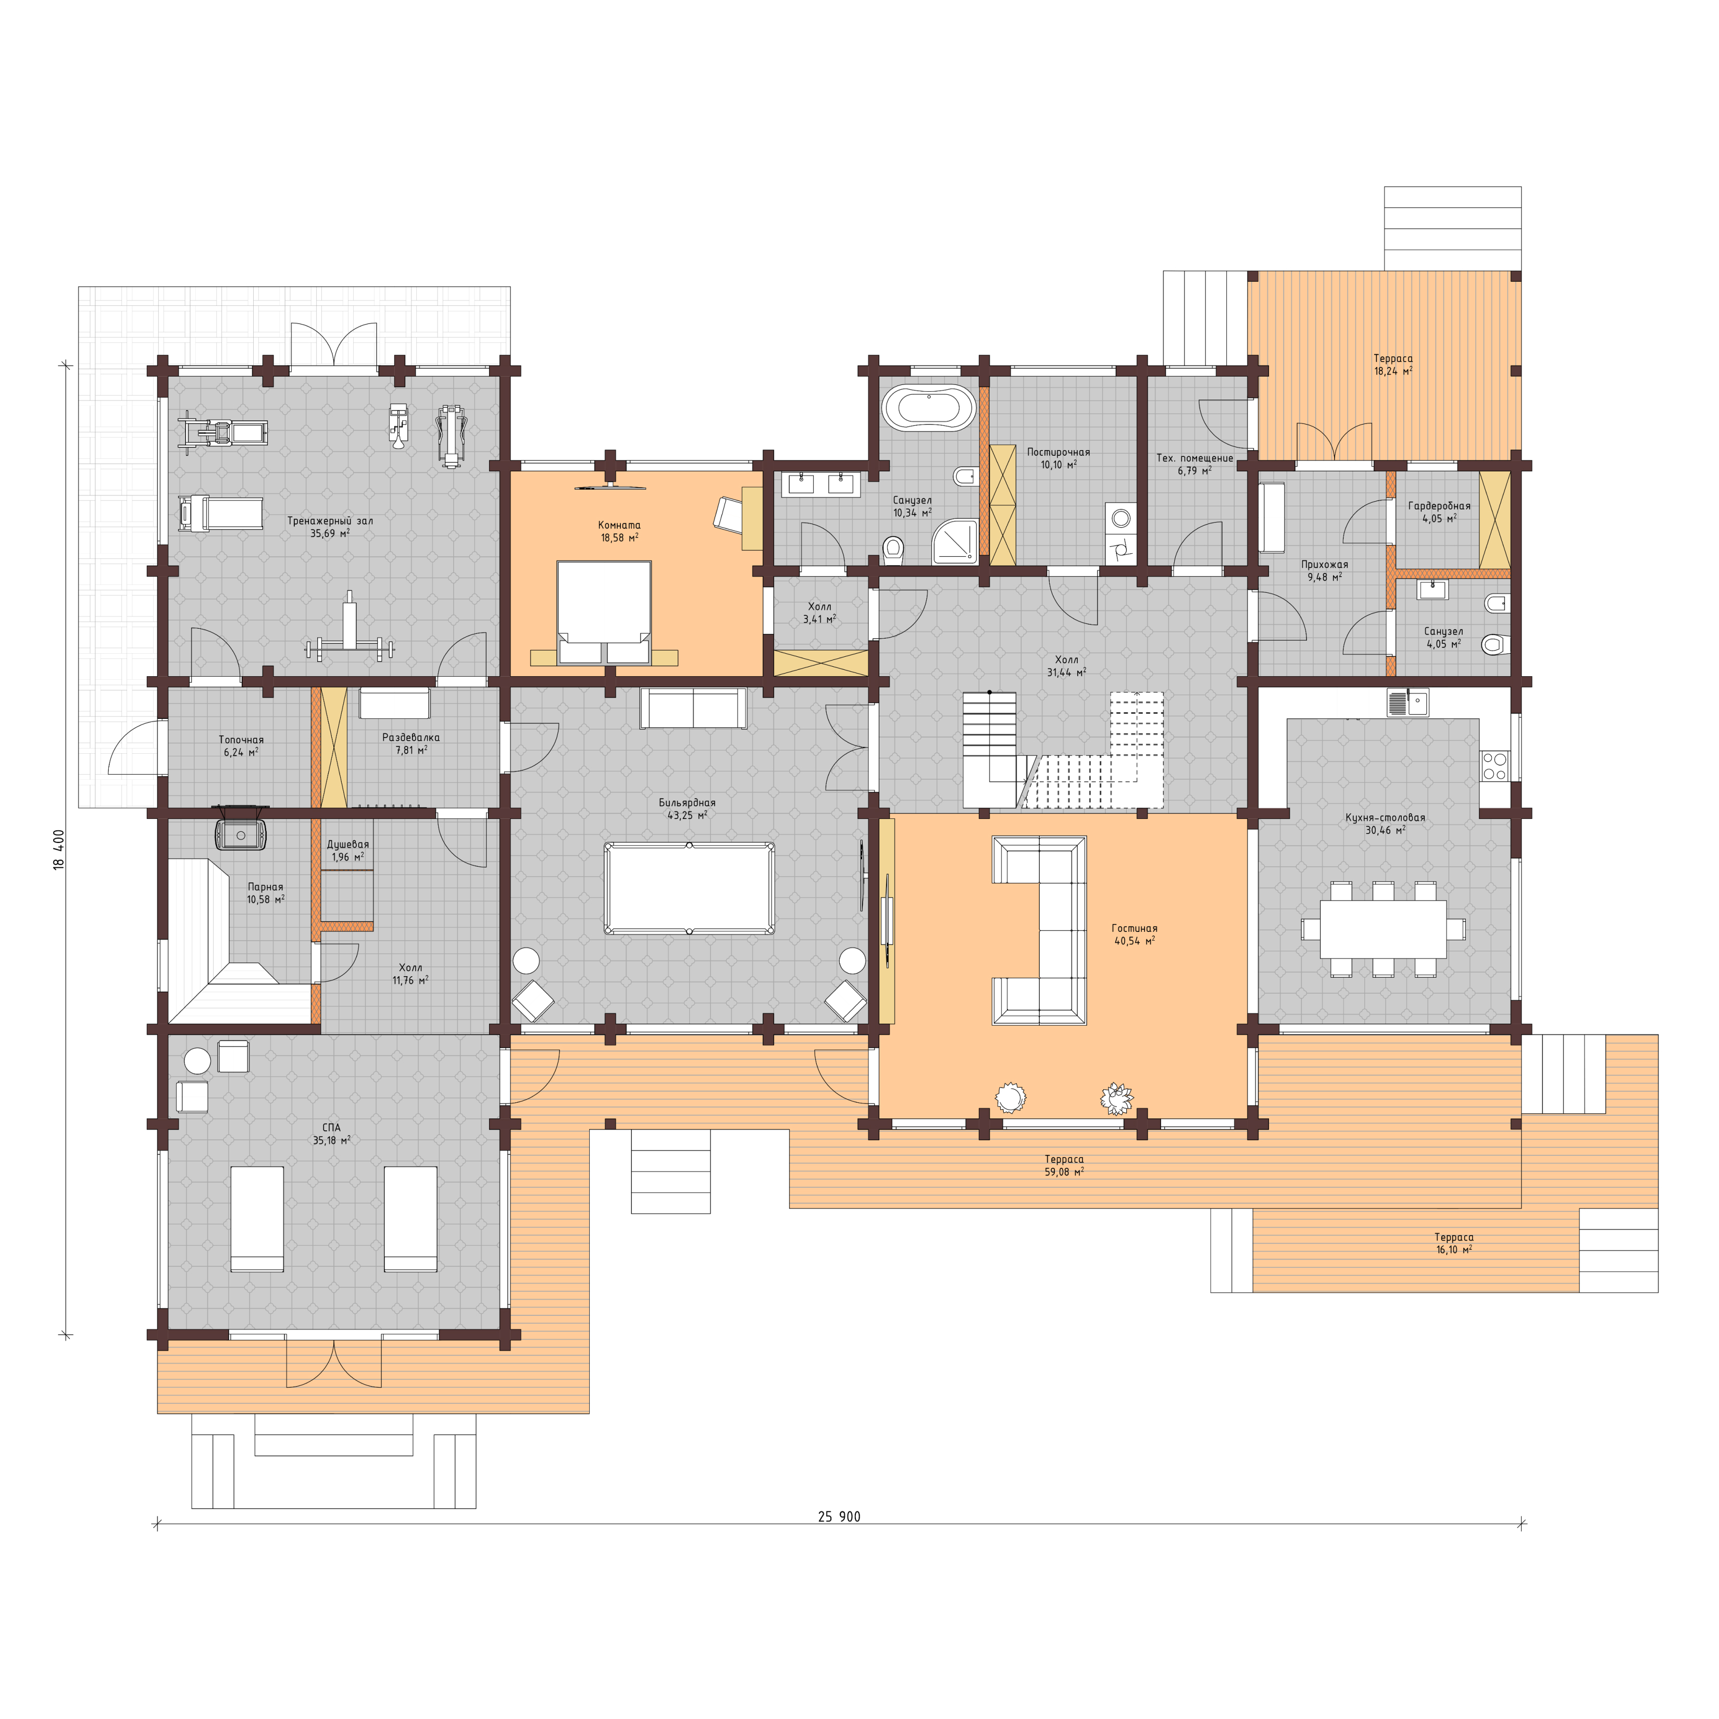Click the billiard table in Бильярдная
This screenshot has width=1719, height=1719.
[689, 888]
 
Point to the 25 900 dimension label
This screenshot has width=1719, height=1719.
[839, 1517]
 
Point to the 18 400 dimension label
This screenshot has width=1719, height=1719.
[59, 850]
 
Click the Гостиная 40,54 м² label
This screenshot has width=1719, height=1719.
[1135, 934]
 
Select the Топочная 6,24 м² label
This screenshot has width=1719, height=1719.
[241, 745]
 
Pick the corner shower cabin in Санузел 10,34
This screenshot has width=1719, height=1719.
[955, 542]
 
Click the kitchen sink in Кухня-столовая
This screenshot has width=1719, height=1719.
[1406, 703]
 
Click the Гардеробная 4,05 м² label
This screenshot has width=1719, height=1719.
[1439, 512]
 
